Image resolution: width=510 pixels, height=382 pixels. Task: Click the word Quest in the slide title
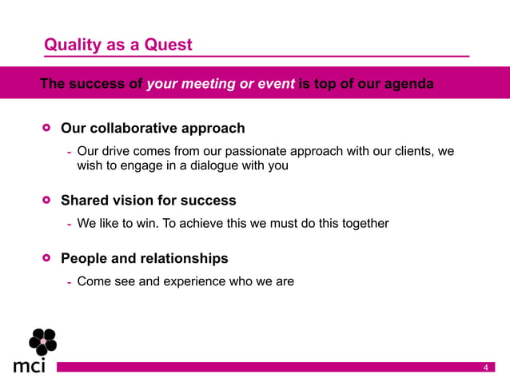point(168,45)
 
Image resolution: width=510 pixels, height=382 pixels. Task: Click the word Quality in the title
point(73,45)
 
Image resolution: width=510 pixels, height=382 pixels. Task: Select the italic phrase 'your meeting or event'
point(221,84)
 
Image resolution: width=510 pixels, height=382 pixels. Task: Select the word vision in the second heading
point(136,200)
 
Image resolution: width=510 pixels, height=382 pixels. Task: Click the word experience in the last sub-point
point(197,281)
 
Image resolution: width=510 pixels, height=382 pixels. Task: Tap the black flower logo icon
point(42,341)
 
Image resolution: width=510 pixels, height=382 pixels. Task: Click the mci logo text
point(30,365)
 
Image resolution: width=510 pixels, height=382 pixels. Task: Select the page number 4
point(485,367)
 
